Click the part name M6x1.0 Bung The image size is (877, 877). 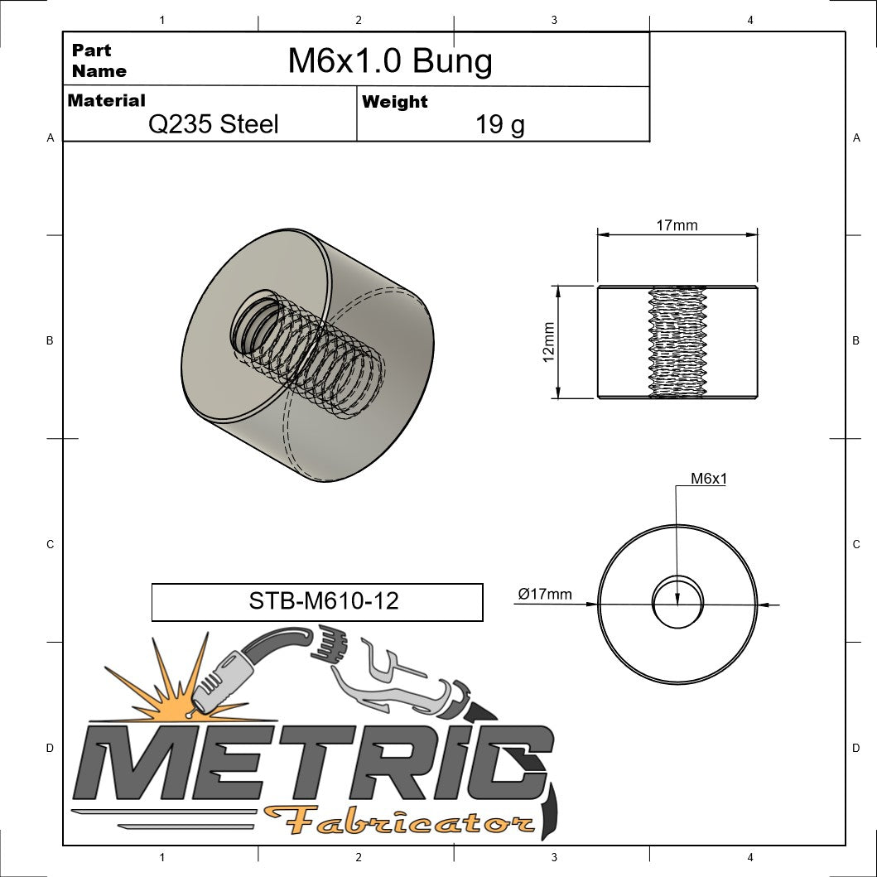(389, 61)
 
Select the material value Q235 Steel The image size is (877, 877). (213, 124)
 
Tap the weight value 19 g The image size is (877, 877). (499, 125)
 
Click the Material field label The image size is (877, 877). (106, 101)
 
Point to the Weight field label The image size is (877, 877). (394, 102)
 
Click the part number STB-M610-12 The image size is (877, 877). (323, 600)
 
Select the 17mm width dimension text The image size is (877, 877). (677, 225)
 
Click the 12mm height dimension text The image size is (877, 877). (548, 342)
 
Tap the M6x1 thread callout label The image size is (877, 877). (709, 479)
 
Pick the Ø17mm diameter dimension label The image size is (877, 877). (545, 594)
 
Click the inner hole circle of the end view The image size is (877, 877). (677, 602)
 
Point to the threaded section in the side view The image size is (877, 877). (677, 342)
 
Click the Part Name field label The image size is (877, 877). (99, 60)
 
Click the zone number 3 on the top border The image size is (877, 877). (553, 20)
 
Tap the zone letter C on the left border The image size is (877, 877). (50, 544)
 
